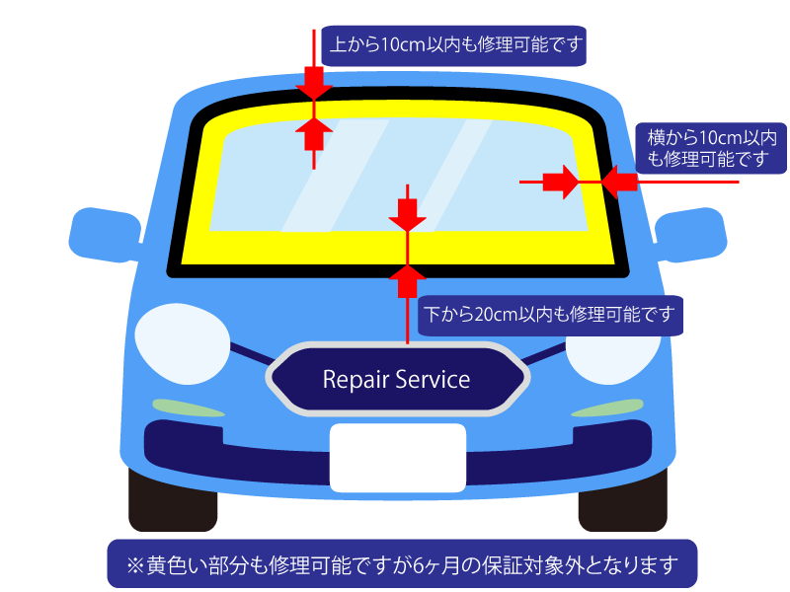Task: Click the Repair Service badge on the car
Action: click(x=397, y=379)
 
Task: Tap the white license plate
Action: click(x=397, y=458)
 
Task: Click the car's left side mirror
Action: click(x=103, y=234)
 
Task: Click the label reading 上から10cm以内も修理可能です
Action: click(x=454, y=45)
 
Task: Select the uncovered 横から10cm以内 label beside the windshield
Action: click(x=711, y=147)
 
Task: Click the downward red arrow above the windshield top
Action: click(x=313, y=80)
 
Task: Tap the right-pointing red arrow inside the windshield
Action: click(x=561, y=182)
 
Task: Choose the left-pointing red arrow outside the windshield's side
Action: click(x=618, y=182)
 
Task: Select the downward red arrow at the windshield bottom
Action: click(x=406, y=213)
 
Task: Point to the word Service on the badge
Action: click(x=433, y=379)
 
